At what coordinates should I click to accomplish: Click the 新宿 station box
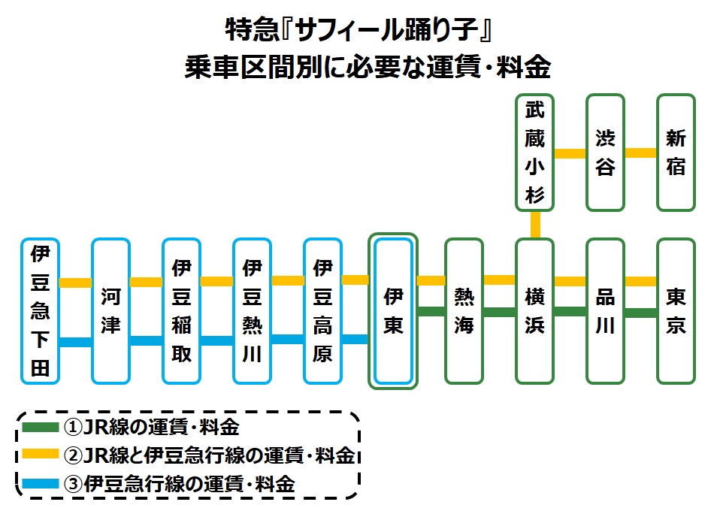[x=676, y=153]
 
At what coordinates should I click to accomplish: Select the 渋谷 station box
[x=605, y=153]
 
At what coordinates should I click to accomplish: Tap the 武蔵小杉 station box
[x=534, y=153]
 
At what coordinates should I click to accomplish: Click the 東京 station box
[x=676, y=310]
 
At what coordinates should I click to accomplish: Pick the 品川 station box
[x=605, y=310]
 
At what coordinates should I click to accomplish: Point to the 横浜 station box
[x=534, y=310]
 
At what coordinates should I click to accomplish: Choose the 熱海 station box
[x=464, y=310]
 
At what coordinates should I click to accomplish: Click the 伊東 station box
[x=393, y=310]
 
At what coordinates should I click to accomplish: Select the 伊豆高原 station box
[x=322, y=310]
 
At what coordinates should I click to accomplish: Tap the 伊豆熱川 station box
[x=252, y=310]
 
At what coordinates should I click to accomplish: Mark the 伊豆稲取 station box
[x=181, y=310]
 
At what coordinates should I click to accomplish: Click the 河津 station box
[x=110, y=310]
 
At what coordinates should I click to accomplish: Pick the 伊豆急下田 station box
[x=40, y=310]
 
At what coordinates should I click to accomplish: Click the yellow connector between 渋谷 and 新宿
[x=640, y=153]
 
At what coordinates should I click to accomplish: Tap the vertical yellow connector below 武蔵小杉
[x=535, y=225]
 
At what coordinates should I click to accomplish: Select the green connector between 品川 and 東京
[x=640, y=313]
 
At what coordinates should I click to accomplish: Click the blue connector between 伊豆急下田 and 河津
[x=75, y=343]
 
